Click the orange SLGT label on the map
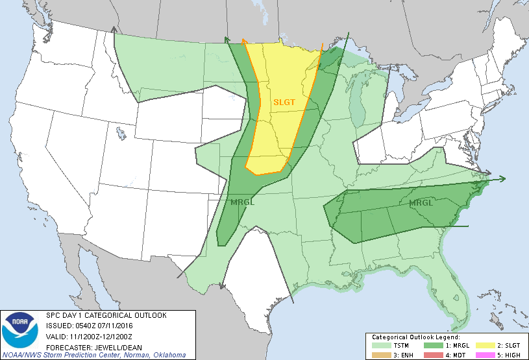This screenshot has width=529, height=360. (x=284, y=102)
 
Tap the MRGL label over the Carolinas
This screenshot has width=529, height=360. (x=421, y=203)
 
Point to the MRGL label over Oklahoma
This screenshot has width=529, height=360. (x=242, y=202)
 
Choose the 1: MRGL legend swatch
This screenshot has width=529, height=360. (x=429, y=346)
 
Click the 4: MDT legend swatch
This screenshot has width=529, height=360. (x=429, y=354)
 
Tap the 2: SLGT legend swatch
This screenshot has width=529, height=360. (x=481, y=346)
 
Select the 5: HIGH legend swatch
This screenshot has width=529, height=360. (x=481, y=354)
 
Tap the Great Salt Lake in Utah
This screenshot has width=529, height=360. (x=121, y=134)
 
